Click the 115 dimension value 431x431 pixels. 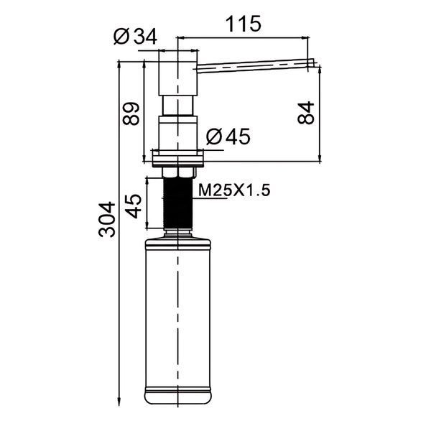click(x=244, y=24)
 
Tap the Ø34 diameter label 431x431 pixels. click(x=135, y=37)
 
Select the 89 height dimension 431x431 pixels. click(x=131, y=113)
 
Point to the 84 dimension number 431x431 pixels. click(x=306, y=113)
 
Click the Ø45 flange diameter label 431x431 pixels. click(x=228, y=136)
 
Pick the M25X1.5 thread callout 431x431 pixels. click(x=234, y=190)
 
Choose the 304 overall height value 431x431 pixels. click(x=107, y=219)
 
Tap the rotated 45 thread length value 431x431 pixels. click(x=134, y=206)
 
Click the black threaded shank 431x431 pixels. click(x=178, y=203)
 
